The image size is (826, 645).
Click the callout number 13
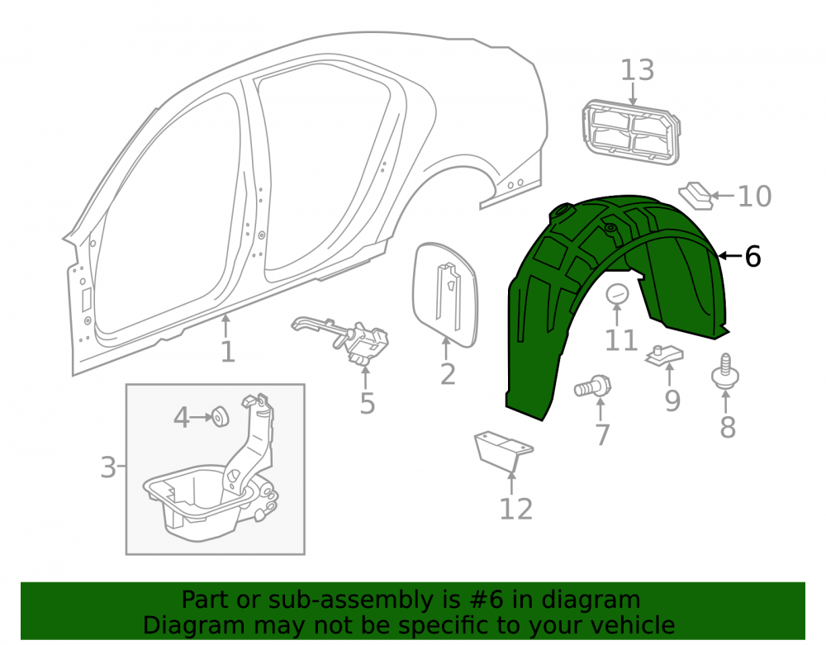(x=638, y=70)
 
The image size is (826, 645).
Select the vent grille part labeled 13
(x=630, y=131)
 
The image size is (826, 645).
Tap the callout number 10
(x=754, y=197)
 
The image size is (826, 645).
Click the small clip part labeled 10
(x=695, y=196)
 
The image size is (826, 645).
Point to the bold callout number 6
(x=752, y=256)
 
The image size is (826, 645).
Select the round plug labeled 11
(x=617, y=293)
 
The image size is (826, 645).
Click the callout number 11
(x=621, y=340)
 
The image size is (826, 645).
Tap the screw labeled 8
(x=725, y=372)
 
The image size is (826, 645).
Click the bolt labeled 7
(x=593, y=387)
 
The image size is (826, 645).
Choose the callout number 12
(x=515, y=510)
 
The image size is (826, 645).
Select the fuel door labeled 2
(x=446, y=295)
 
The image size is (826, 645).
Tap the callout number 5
(x=368, y=404)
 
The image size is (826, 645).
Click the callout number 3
(x=108, y=467)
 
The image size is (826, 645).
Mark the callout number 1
(x=227, y=353)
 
